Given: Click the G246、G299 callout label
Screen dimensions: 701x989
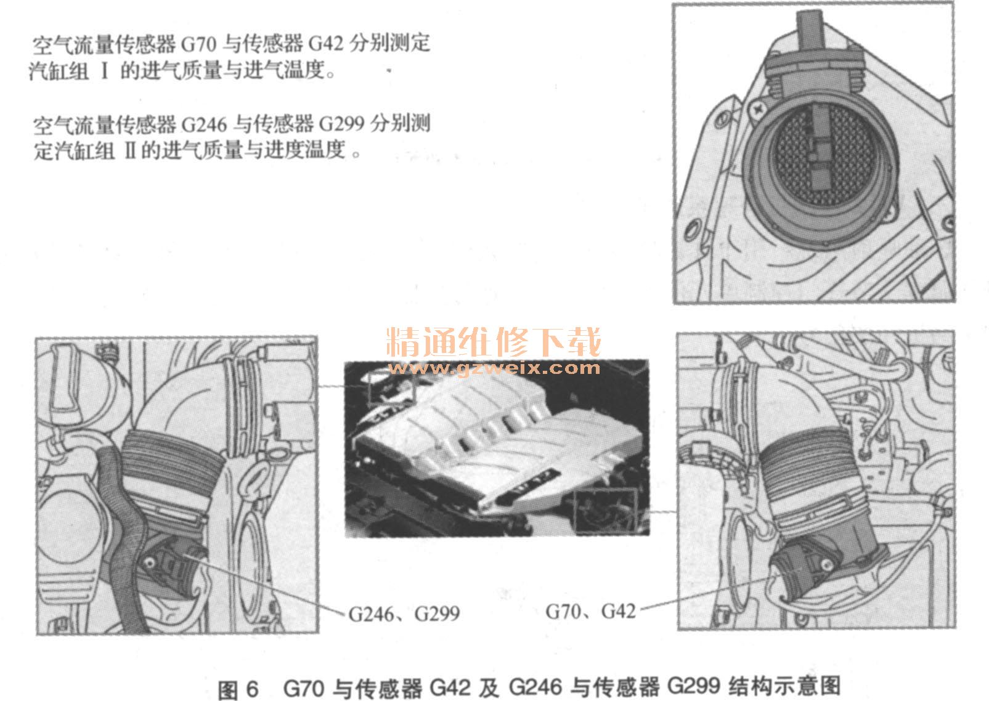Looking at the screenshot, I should tap(404, 614).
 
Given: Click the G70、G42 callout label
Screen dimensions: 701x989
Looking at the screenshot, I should tap(590, 611).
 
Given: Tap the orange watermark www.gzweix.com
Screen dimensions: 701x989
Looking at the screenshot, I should tap(494, 368).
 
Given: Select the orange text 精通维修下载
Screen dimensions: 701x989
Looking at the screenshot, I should tap(494, 342).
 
